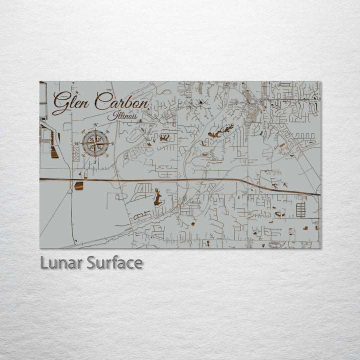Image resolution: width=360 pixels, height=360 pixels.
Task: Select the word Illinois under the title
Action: coord(125,116)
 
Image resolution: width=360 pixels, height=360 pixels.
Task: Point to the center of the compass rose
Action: coord(95,143)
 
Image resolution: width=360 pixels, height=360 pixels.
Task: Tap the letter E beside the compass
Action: coord(113,144)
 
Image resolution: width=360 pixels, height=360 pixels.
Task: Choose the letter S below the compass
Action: coord(95,161)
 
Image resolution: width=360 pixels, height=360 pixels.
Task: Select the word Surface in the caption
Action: coord(114,262)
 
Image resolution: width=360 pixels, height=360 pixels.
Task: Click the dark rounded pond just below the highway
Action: coord(79,186)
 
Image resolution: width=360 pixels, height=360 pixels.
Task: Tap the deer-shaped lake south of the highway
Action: coord(158,198)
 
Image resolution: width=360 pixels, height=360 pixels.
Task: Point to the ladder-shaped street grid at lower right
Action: coord(300,209)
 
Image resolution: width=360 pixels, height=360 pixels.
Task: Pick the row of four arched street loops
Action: coord(304,135)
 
